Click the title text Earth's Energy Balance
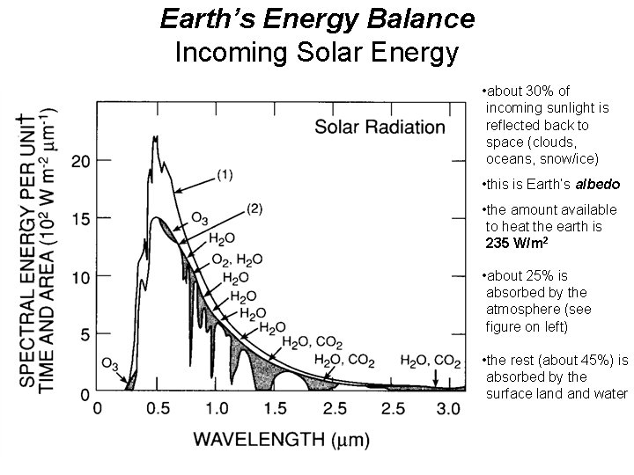[x=317, y=18]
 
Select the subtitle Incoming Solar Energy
[x=317, y=52]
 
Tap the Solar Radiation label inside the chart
[x=380, y=127]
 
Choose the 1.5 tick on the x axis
[x=276, y=409]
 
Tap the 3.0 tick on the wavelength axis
[x=449, y=409]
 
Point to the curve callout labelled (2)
[x=254, y=208]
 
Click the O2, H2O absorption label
[x=236, y=259]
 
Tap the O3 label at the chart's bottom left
[x=110, y=362]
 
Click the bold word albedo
[x=598, y=185]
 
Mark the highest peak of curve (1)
[x=154, y=136]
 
